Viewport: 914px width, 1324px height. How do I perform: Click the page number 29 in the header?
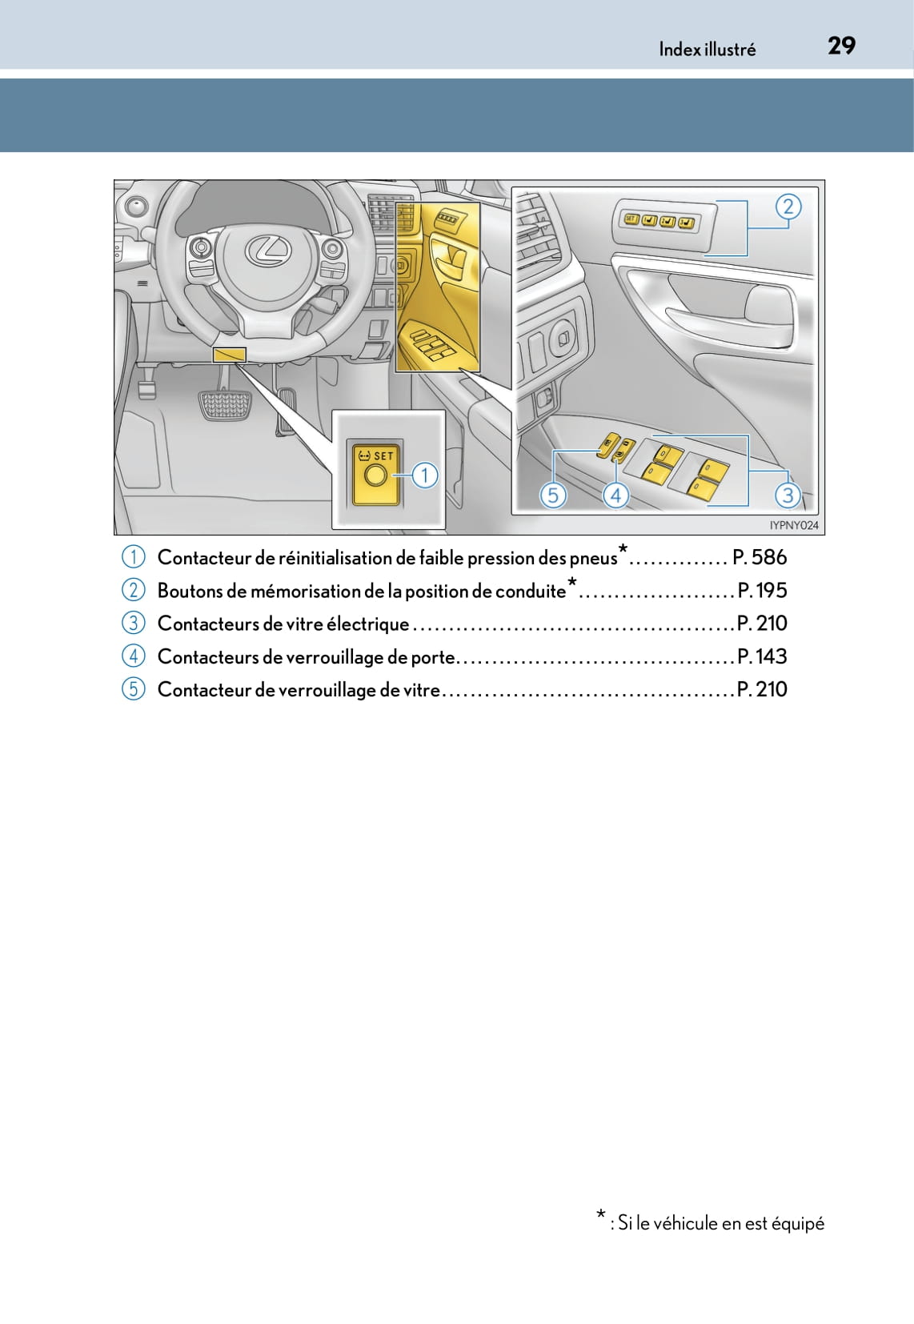841,46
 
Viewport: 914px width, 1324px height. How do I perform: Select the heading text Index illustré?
707,50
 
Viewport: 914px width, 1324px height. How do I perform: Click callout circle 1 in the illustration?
425,475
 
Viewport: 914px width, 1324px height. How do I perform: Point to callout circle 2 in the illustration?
788,207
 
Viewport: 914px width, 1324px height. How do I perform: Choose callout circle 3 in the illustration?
788,495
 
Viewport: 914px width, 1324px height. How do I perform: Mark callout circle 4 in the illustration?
615,495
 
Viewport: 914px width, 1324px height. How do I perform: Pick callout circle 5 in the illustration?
552,495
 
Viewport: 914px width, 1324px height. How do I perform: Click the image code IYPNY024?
794,525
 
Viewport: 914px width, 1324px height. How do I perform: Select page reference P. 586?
760,557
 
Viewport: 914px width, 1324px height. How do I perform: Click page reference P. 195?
762,590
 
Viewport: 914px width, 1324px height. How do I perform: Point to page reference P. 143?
762,656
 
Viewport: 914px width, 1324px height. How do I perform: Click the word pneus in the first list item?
593,558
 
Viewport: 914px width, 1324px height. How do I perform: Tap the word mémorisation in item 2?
305,591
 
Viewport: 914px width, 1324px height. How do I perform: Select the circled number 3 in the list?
133,623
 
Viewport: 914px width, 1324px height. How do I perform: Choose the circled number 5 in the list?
133,688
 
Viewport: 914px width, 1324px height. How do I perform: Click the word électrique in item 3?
367,624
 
